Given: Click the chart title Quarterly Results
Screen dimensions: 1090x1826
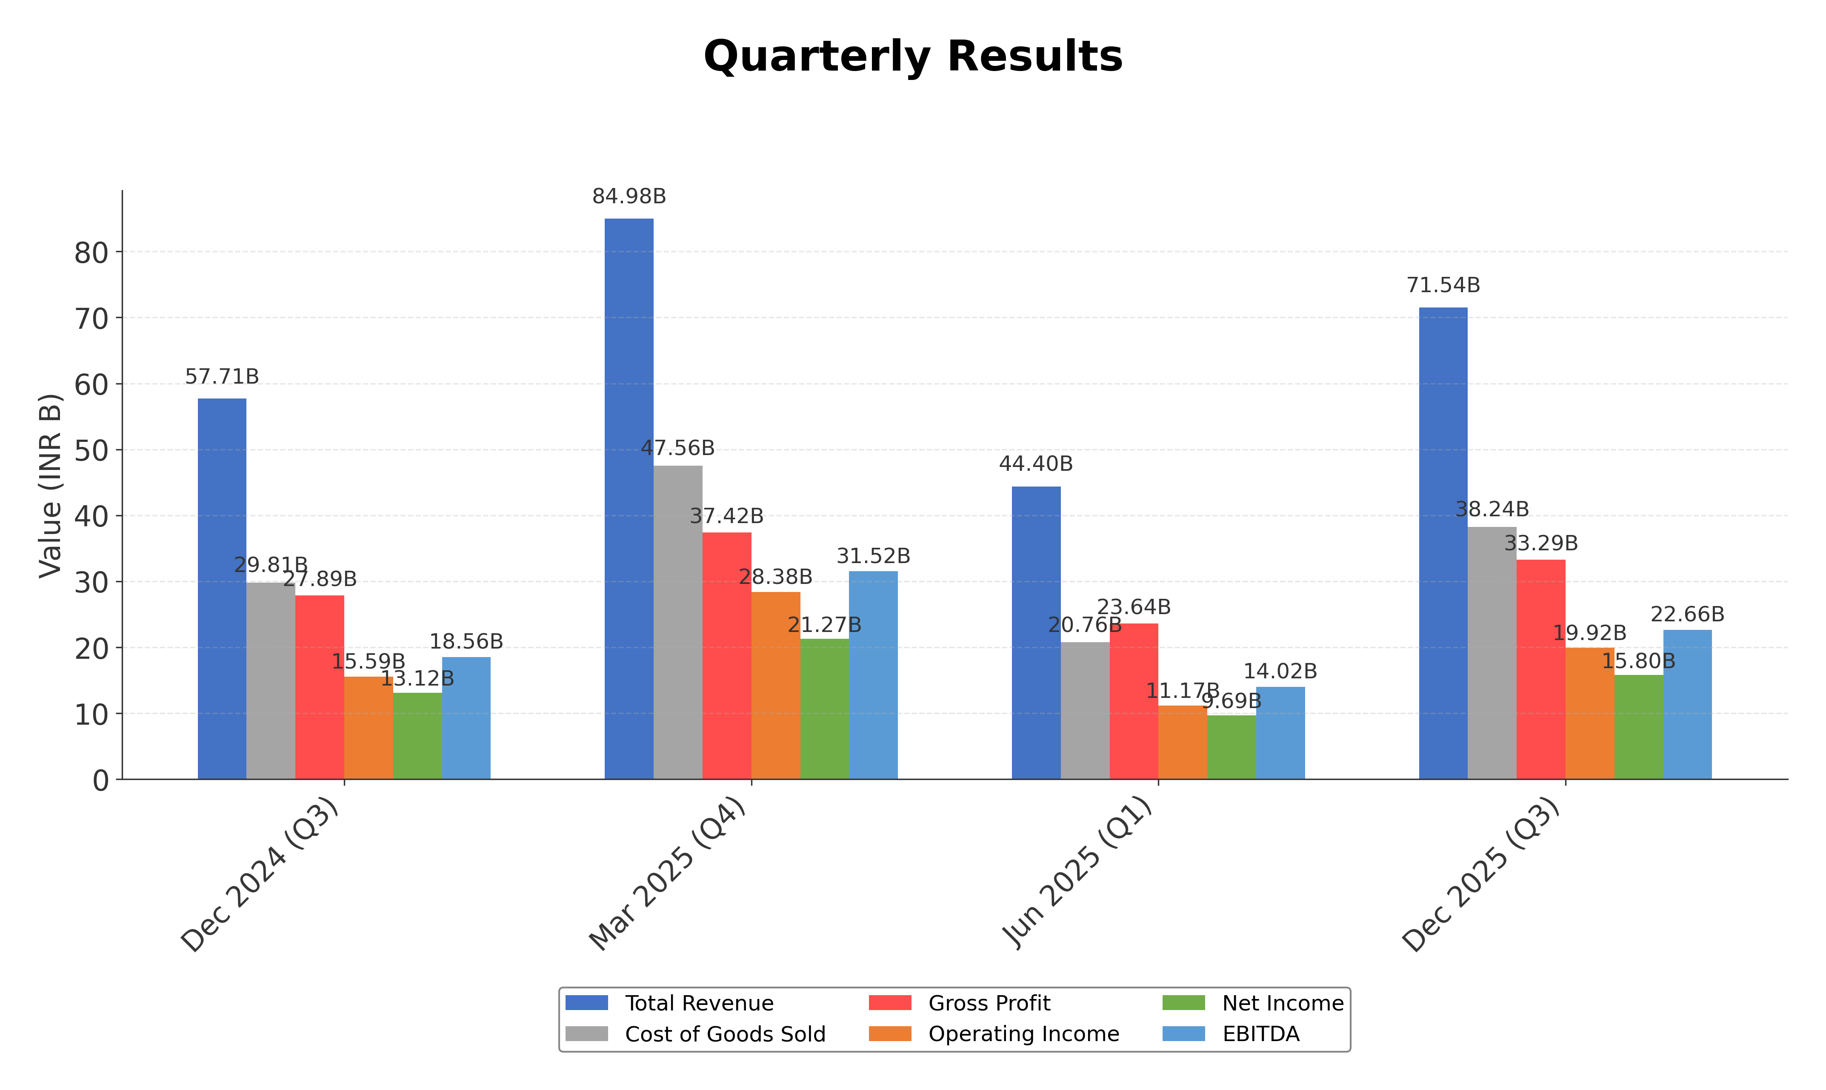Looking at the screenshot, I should (913, 57).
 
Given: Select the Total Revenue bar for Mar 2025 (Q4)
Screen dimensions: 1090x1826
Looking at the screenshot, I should (629, 499).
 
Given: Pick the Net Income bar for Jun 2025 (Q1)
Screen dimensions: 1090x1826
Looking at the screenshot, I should (1232, 746).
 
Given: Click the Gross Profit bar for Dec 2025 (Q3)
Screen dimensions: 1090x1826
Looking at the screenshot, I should (1541, 669).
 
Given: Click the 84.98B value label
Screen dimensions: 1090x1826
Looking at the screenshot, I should (629, 197).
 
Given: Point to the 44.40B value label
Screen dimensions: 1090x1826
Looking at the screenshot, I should (1036, 464).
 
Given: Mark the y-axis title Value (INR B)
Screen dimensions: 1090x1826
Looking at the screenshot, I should (50, 486).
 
